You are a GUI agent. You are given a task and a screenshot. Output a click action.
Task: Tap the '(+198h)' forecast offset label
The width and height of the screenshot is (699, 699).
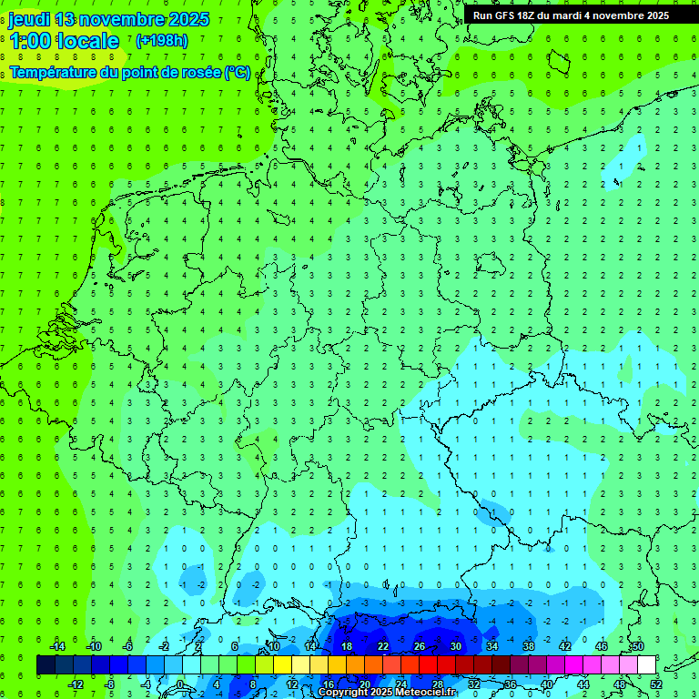tap(162, 40)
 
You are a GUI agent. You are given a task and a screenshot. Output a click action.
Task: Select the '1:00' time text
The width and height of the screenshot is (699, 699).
tap(30, 41)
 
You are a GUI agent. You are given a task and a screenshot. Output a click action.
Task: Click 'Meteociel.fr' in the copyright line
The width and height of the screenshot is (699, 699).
tap(426, 693)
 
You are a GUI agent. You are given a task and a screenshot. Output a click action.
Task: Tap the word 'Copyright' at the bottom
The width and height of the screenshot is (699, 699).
tap(342, 693)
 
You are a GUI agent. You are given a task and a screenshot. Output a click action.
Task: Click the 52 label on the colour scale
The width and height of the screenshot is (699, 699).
tap(656, 684)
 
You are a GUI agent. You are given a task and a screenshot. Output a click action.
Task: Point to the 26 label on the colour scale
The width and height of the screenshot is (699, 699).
tap(419, 646)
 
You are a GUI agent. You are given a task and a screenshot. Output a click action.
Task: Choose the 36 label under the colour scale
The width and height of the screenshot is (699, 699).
tap(511, 684)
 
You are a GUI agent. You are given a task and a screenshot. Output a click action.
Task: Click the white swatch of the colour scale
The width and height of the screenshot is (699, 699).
tap(647, 665)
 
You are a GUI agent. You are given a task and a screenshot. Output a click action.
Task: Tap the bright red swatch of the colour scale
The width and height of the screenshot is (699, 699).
tap(428, 665)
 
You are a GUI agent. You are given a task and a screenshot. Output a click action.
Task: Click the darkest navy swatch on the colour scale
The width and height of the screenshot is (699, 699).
tap(46, 665)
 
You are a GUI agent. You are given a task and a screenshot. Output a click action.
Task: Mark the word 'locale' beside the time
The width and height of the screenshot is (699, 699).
tap(92, 41)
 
